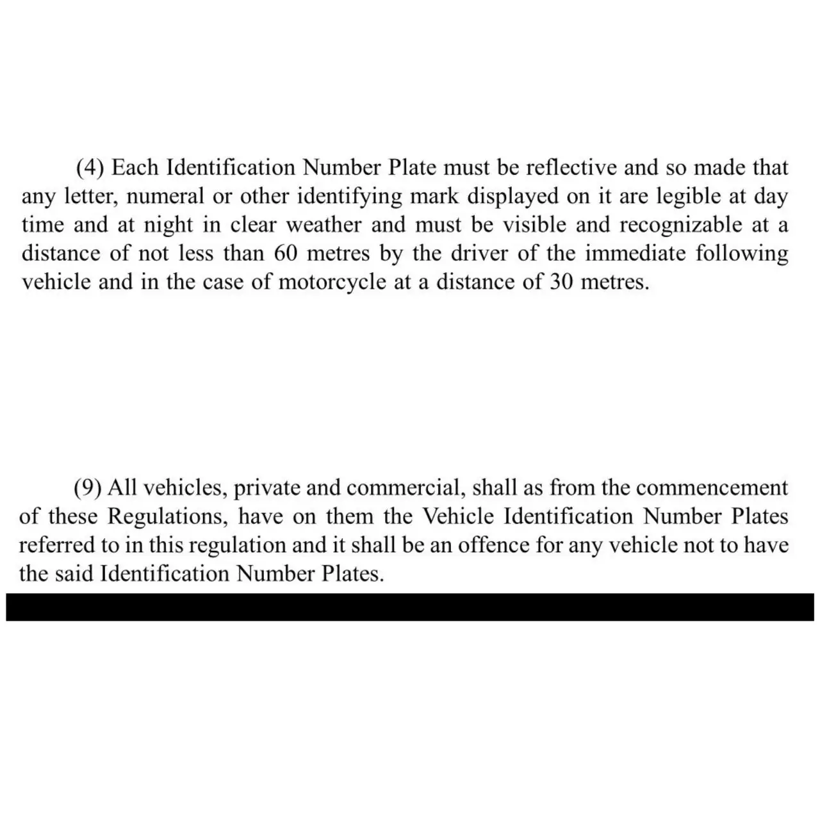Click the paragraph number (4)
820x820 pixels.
click(90, 168)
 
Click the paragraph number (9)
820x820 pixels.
click(88, 488)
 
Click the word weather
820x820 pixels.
click(324, 225)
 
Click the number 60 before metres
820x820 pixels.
click(286, 254)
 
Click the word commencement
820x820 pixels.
click(712, 488)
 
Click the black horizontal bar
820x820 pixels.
click(410, 607)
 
